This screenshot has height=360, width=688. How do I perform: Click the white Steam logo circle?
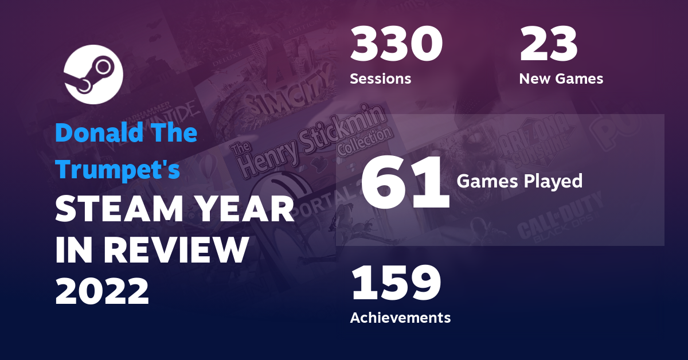[x=92, y=75]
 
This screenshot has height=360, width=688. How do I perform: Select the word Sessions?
[x=380, y=79]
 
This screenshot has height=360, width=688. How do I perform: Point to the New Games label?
[x=561, y=79]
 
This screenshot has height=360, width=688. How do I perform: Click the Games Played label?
[x=519, y=181]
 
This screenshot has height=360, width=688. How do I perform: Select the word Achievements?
[x=400, y=317]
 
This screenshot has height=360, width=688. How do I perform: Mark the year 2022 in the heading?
[x=102, y=291]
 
